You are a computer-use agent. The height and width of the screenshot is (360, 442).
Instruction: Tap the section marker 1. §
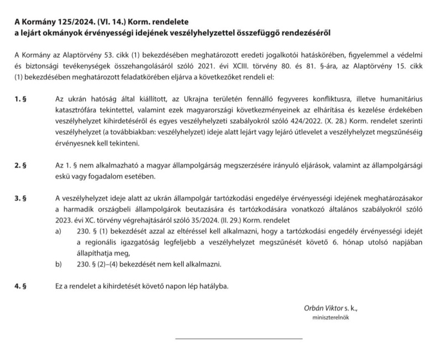click(x=20, y=99)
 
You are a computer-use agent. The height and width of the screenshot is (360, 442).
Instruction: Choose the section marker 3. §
click(x=20, y=198)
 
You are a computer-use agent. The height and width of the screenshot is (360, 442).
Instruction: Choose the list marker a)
click(x=59, y=231)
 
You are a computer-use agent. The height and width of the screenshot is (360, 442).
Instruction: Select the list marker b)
click(x=59, y=264)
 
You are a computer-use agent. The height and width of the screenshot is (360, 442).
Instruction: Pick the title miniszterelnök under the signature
click(x=331, y=318)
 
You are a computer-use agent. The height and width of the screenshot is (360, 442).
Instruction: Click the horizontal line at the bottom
click(x=239, y=338)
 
